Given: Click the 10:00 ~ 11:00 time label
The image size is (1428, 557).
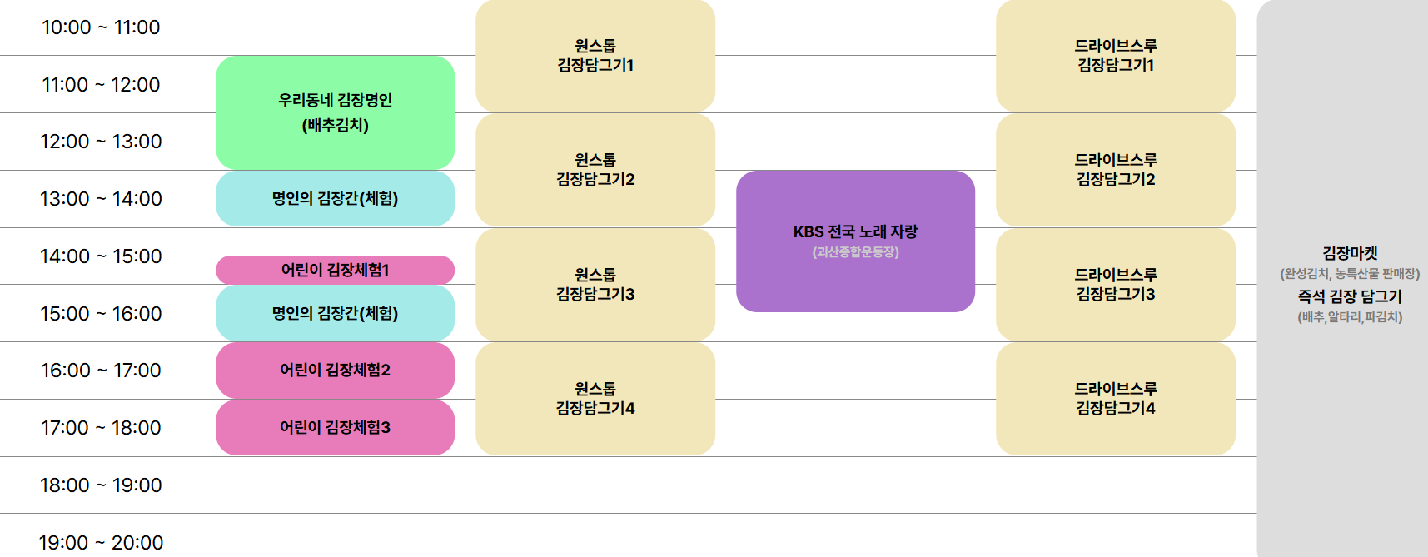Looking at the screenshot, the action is pyautogui.click(x=101, y=27).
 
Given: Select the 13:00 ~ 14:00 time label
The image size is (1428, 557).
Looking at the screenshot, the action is pyautogui.click(x=101, y=199).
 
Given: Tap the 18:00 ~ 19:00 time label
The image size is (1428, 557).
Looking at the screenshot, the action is pyautogui.click(x=101, y=485).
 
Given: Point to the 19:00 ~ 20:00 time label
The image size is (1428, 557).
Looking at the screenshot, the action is pyautogui.click(x=101, y=543).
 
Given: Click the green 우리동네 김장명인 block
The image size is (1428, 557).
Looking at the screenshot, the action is pyautogui.click(x=335, y=112).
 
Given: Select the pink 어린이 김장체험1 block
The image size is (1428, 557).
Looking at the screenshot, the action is pyautogui.click(x=335, y=270).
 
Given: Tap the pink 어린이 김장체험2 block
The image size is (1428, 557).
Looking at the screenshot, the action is pyautogui.click(x=335, y=371).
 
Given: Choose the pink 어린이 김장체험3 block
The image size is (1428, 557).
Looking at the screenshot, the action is pyautogui.click(x=335, y=428).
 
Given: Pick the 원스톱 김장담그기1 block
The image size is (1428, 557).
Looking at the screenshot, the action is pyautogui.click(x=595, y=56).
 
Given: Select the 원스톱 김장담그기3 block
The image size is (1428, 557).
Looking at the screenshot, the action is pyautogui.click(x=595, y=285).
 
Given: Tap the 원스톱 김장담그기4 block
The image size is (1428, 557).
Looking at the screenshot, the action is pyautogui.click(x=595, y=399).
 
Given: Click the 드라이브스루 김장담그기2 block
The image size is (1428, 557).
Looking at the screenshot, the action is pyautogui.click(x=1116, y=170).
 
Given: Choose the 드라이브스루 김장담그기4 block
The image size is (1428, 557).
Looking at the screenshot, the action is pyautogui.click(x=1116, y=399).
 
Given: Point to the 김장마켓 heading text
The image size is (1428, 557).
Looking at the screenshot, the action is pyautogui.click(x=1350, y=253).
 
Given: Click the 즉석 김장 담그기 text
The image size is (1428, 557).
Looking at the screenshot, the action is pyautogui.click(x=1350, y=296).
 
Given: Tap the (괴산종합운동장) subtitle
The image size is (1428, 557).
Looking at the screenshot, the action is pyautogui.click(x=855, y=252).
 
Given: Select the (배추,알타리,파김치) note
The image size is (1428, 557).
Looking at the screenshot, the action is pyautogui.click(x=1350, y=317).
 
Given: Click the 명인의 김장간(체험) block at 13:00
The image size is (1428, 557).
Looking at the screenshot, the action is pyautogui.click(x=335, y=199).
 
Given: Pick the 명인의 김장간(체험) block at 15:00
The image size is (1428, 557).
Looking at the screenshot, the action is pyautogui.click(x=335, y=314).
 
